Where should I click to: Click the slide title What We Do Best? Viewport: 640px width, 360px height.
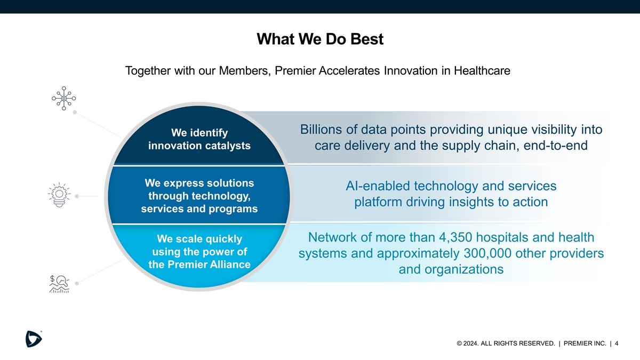tap(320, 39)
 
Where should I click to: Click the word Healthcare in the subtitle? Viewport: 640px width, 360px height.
tap(482, 70)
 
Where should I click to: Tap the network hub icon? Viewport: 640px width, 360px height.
tap(63, 98)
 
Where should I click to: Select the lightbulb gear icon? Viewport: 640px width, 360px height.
tap(59, 195)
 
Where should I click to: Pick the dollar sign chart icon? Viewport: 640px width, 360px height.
tap(59, 284)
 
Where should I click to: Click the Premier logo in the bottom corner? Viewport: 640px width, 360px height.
tap(34, 339)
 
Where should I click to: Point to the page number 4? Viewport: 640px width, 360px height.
tap(617, 343)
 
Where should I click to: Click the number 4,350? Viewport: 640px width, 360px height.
tap(455, 237)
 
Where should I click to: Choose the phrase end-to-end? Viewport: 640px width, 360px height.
tap(555, 146)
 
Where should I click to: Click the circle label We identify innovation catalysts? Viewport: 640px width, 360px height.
tap(199, 139)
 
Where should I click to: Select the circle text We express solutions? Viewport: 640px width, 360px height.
tap(199, 183)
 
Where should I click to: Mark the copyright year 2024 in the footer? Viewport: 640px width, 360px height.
tap(470, 343)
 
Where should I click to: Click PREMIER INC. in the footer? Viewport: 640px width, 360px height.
tap(585, 343)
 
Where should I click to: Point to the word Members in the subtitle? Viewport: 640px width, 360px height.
tap(245, 70)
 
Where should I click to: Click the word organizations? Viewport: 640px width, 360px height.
tap(464, 269)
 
